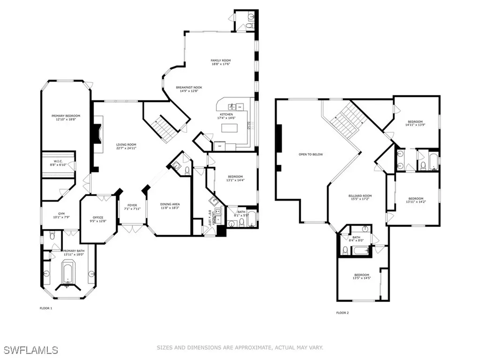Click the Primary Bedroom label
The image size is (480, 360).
click(x=66, y=118)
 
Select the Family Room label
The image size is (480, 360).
click(x=220, y=63)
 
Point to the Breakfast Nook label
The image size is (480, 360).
click(x=189, y=90)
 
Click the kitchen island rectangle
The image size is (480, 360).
click(x=229, y=128)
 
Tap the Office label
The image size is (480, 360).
click(x=97, y=219)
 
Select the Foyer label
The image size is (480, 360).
click(x=133, y=207)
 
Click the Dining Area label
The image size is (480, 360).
click(x=170, y=206)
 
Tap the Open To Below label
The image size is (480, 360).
click(x=311, y=154)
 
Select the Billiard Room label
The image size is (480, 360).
click(x=360, y=198)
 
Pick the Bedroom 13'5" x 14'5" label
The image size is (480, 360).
click(x=361, y=277)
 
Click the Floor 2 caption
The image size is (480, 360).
click(x=343, y=313)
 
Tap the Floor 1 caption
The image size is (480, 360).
click(x=46, y=308)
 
